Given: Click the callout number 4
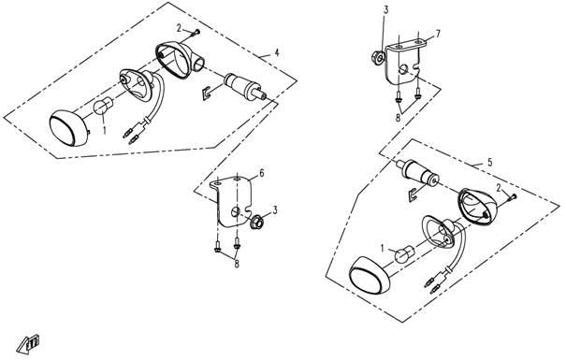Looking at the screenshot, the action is point(277,52).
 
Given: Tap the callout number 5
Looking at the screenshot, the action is point(490,162).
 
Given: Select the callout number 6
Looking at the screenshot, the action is point(262,173).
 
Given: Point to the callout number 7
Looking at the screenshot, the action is point(438,35).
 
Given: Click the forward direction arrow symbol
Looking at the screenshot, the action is point(28,344).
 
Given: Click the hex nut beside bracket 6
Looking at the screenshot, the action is point(256,221).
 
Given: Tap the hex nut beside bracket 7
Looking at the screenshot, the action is point(377,58).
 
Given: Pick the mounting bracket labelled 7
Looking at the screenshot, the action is point(405,62).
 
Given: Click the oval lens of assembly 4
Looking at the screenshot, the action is point(68,128).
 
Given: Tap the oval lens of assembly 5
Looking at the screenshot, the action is point(369,274).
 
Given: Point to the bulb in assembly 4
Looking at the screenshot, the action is point(103,106).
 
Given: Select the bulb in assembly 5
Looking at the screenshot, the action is point(404,254).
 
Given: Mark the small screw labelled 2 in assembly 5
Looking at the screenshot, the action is point(513,197).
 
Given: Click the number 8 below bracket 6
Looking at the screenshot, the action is point(237,264).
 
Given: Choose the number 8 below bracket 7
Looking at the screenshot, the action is point(399,118).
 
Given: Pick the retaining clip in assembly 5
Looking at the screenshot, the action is point(414,194).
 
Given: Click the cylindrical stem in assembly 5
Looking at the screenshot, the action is point(418,171).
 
